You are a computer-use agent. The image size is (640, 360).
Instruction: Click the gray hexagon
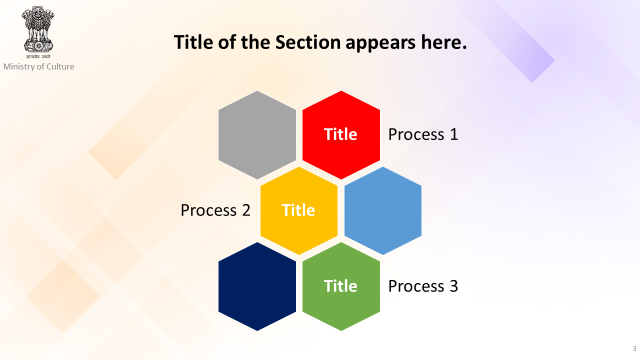(x=257, y=135)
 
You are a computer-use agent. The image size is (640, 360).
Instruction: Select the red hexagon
(x=341, y=135)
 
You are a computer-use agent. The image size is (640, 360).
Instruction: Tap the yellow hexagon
(x=299, y=210)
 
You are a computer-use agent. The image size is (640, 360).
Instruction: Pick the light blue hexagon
(x=383, y=210)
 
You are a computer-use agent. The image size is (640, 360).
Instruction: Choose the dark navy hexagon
(x=257, y=286)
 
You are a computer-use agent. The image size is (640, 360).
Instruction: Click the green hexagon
(x=341, y=286)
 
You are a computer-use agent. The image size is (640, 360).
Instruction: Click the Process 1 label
(x=423, y=134)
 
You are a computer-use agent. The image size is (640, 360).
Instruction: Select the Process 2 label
(x=215, y=210)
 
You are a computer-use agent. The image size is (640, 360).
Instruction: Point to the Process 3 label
(x=423, y=286)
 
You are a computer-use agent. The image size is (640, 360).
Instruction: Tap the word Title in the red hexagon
(x=340, y=134)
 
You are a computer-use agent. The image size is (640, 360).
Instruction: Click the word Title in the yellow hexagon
(x=298, y=210)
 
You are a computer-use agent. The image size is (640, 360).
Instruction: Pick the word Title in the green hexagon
(x=340, y=285)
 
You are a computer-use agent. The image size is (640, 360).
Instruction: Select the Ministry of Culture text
(x=39, y=66)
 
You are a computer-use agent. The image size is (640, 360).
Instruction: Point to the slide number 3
(x=634, y=348)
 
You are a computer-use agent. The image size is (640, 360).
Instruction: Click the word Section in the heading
(x=308, y=42)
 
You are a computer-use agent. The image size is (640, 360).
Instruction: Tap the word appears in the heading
(x=381, y=43)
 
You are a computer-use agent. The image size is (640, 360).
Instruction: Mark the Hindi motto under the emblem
(x=38, y=56)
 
